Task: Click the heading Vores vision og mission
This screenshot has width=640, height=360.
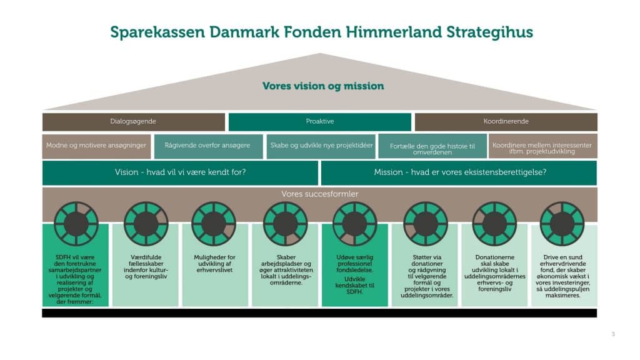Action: [x=322, y=86]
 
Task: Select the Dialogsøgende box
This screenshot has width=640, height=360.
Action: [x=133, y=122]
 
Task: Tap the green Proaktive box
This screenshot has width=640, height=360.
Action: [x=319, y=122]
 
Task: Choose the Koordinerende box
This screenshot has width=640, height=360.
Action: [x=506, y=122]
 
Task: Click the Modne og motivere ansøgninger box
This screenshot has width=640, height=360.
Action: [x=96, y=146]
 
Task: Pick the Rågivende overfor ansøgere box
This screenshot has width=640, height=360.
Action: [x=207, y=146]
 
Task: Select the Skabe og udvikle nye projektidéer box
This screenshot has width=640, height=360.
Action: [x=321, y=146]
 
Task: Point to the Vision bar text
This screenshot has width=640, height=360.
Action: [x=180, y=172]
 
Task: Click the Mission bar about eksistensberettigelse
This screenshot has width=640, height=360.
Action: [x=460, y=172]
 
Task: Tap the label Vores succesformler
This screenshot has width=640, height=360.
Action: [x=319, y=194]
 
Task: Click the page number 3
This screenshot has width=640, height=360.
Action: [x=613, y=334]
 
